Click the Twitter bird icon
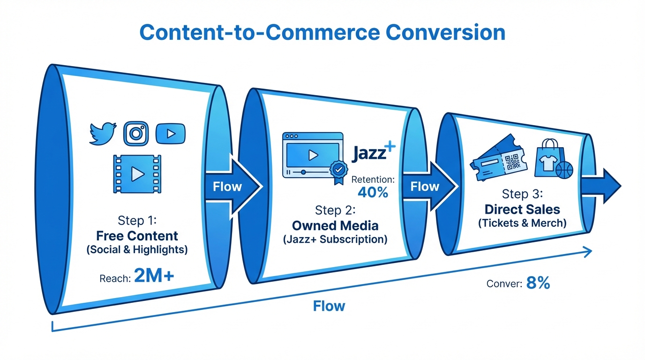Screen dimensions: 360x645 (103, 133)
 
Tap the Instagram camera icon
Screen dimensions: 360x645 (136, 133)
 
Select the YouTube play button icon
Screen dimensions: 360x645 (170, 134)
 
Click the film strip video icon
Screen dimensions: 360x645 (136, 174)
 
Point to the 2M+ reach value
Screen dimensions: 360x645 (154, 277)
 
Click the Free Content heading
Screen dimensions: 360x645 (137, 235)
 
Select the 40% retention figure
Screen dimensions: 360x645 (373, 192)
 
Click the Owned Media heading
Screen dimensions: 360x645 (335, 225)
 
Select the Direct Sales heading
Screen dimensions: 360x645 (522, 209)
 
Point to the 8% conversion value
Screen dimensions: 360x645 (538, 283)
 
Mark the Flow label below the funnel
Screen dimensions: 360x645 (329, 306)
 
